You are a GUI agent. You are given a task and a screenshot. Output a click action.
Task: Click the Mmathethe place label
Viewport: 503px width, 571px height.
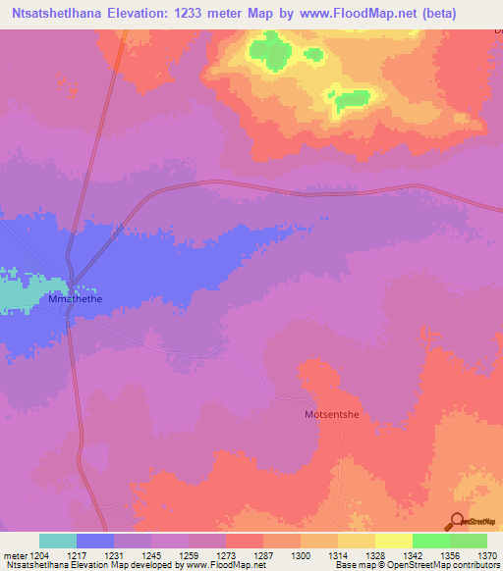[x=76, y=299]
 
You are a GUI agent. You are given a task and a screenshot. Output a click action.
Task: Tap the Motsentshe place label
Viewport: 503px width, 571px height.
[x=330, y=415]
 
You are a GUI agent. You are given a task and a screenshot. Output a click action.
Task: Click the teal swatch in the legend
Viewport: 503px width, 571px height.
[x=58, y=541]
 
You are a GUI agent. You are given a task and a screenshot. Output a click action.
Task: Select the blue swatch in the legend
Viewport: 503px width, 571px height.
[x=95, y=541]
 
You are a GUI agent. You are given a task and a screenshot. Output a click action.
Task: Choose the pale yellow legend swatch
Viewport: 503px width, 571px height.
[x=394, y=541]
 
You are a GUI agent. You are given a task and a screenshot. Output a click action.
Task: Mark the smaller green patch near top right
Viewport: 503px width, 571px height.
[x=352, y=98]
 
